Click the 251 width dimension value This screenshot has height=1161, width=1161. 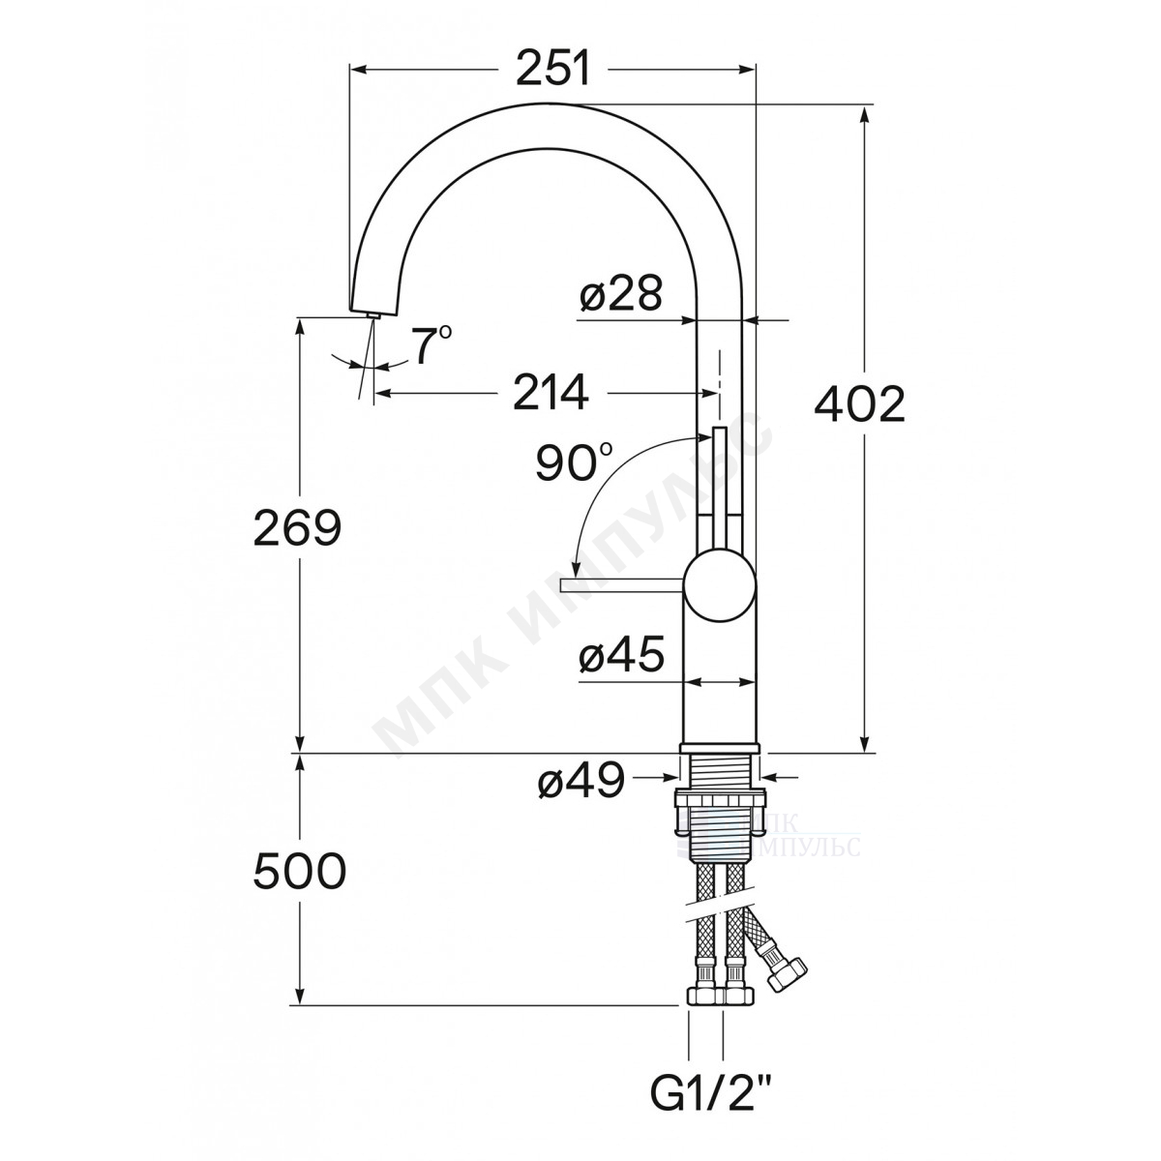552,71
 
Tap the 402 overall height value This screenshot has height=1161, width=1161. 860,404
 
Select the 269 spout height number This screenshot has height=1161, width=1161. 297,526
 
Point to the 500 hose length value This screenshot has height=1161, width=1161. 299,871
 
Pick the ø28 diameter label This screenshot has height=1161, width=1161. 620,293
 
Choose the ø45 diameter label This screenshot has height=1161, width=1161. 621,654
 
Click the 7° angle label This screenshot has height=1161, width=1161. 432,345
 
